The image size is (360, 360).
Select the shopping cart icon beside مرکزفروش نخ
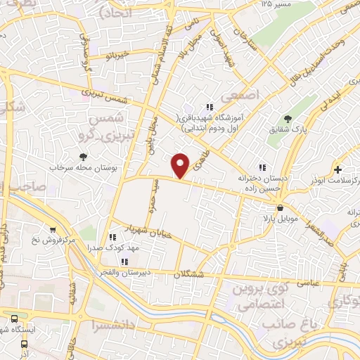53,230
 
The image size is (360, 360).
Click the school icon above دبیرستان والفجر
124,262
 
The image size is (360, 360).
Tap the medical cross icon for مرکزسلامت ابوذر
339,169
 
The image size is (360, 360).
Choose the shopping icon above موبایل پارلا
281,208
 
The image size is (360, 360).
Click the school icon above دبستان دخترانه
262,167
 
